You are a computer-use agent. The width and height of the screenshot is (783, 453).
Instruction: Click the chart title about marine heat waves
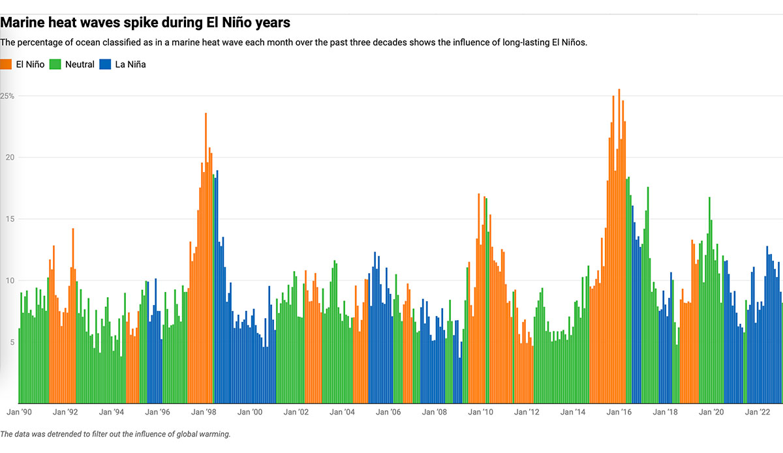tap(145, 22)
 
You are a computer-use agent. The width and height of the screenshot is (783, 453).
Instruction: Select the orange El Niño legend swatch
tap(6, 64)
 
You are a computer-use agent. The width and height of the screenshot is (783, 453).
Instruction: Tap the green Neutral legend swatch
tap(55, 64)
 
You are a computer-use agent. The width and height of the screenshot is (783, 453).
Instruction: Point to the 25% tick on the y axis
tap(7, 96)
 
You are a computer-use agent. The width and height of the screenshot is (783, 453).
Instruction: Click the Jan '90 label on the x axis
tap(19, 412)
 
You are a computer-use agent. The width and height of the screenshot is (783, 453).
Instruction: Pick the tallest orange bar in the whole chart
tap(619, 248)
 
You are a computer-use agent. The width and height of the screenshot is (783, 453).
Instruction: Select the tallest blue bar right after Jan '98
tap(217, 287)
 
